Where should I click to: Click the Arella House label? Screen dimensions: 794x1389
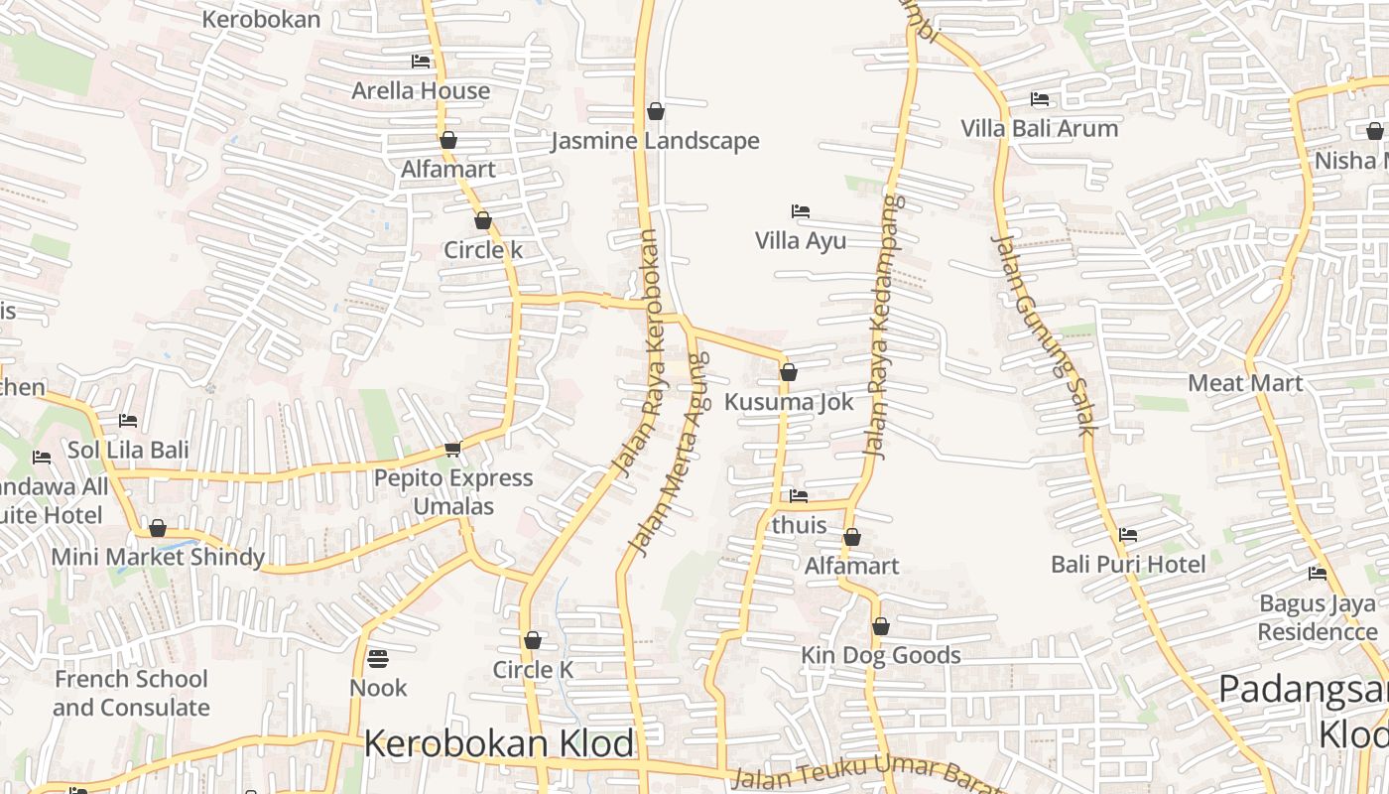pyautogui.click(x=421, y=90)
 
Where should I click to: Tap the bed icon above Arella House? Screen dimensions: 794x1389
pyautogui.click(x=421, y=62)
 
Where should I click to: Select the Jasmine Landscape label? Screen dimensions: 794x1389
pyautogui.click(x=655, y=141)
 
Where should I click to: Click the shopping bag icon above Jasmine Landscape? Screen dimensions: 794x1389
pyautogui.click(x=655, y=111)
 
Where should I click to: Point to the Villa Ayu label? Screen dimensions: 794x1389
pyautogui.click(x=801, y=240)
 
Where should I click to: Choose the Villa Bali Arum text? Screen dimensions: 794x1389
pyautogui.click(x=1039, y=128)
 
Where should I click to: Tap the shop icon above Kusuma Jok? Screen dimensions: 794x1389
pyautogui.click(x=789, y=372)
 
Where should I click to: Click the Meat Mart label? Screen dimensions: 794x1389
pyautogui.click(x=1245, y=382)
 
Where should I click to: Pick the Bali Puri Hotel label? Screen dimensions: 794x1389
pyautogui.click(x=1128, y=564)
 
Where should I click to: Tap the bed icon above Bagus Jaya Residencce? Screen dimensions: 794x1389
pyautogui.click(x=1318, y=574)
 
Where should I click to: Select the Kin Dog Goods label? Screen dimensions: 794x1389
pyautogui.click(x=881, y=655)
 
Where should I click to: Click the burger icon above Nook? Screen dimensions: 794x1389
pyautogui.click(x=378, y=658)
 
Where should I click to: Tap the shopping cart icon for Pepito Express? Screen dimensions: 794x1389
pyautogui.click(x=453, y=449)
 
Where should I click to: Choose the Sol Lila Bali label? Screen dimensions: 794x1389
pyautogui.click(x=128, y=450)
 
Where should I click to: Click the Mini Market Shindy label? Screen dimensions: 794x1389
pyautogui.click(x=158, y=557)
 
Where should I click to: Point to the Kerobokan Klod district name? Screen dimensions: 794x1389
pyautogui.click(x=499, y=743)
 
